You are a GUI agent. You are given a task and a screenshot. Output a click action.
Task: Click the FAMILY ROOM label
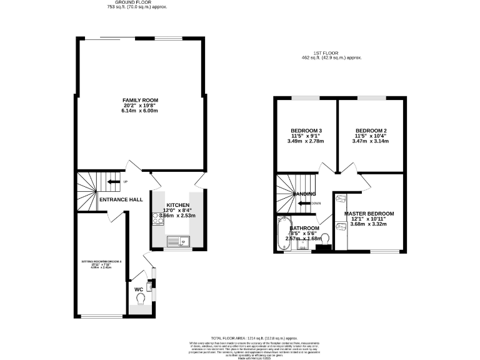(x=140, y=100)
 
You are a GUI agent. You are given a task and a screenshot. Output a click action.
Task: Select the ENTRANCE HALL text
(x=121, y=200)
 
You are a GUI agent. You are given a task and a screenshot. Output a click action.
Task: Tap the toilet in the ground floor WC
(x=140, y=301)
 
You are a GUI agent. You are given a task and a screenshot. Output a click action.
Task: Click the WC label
(x=139, y=289)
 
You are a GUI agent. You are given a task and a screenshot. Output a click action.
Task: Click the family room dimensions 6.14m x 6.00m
(x=140, y=111)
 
